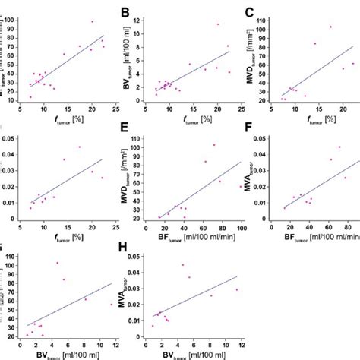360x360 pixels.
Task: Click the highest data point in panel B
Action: point(217,24)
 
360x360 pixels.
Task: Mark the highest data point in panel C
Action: point(330,27)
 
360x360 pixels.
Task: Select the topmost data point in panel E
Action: point(213,144)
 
